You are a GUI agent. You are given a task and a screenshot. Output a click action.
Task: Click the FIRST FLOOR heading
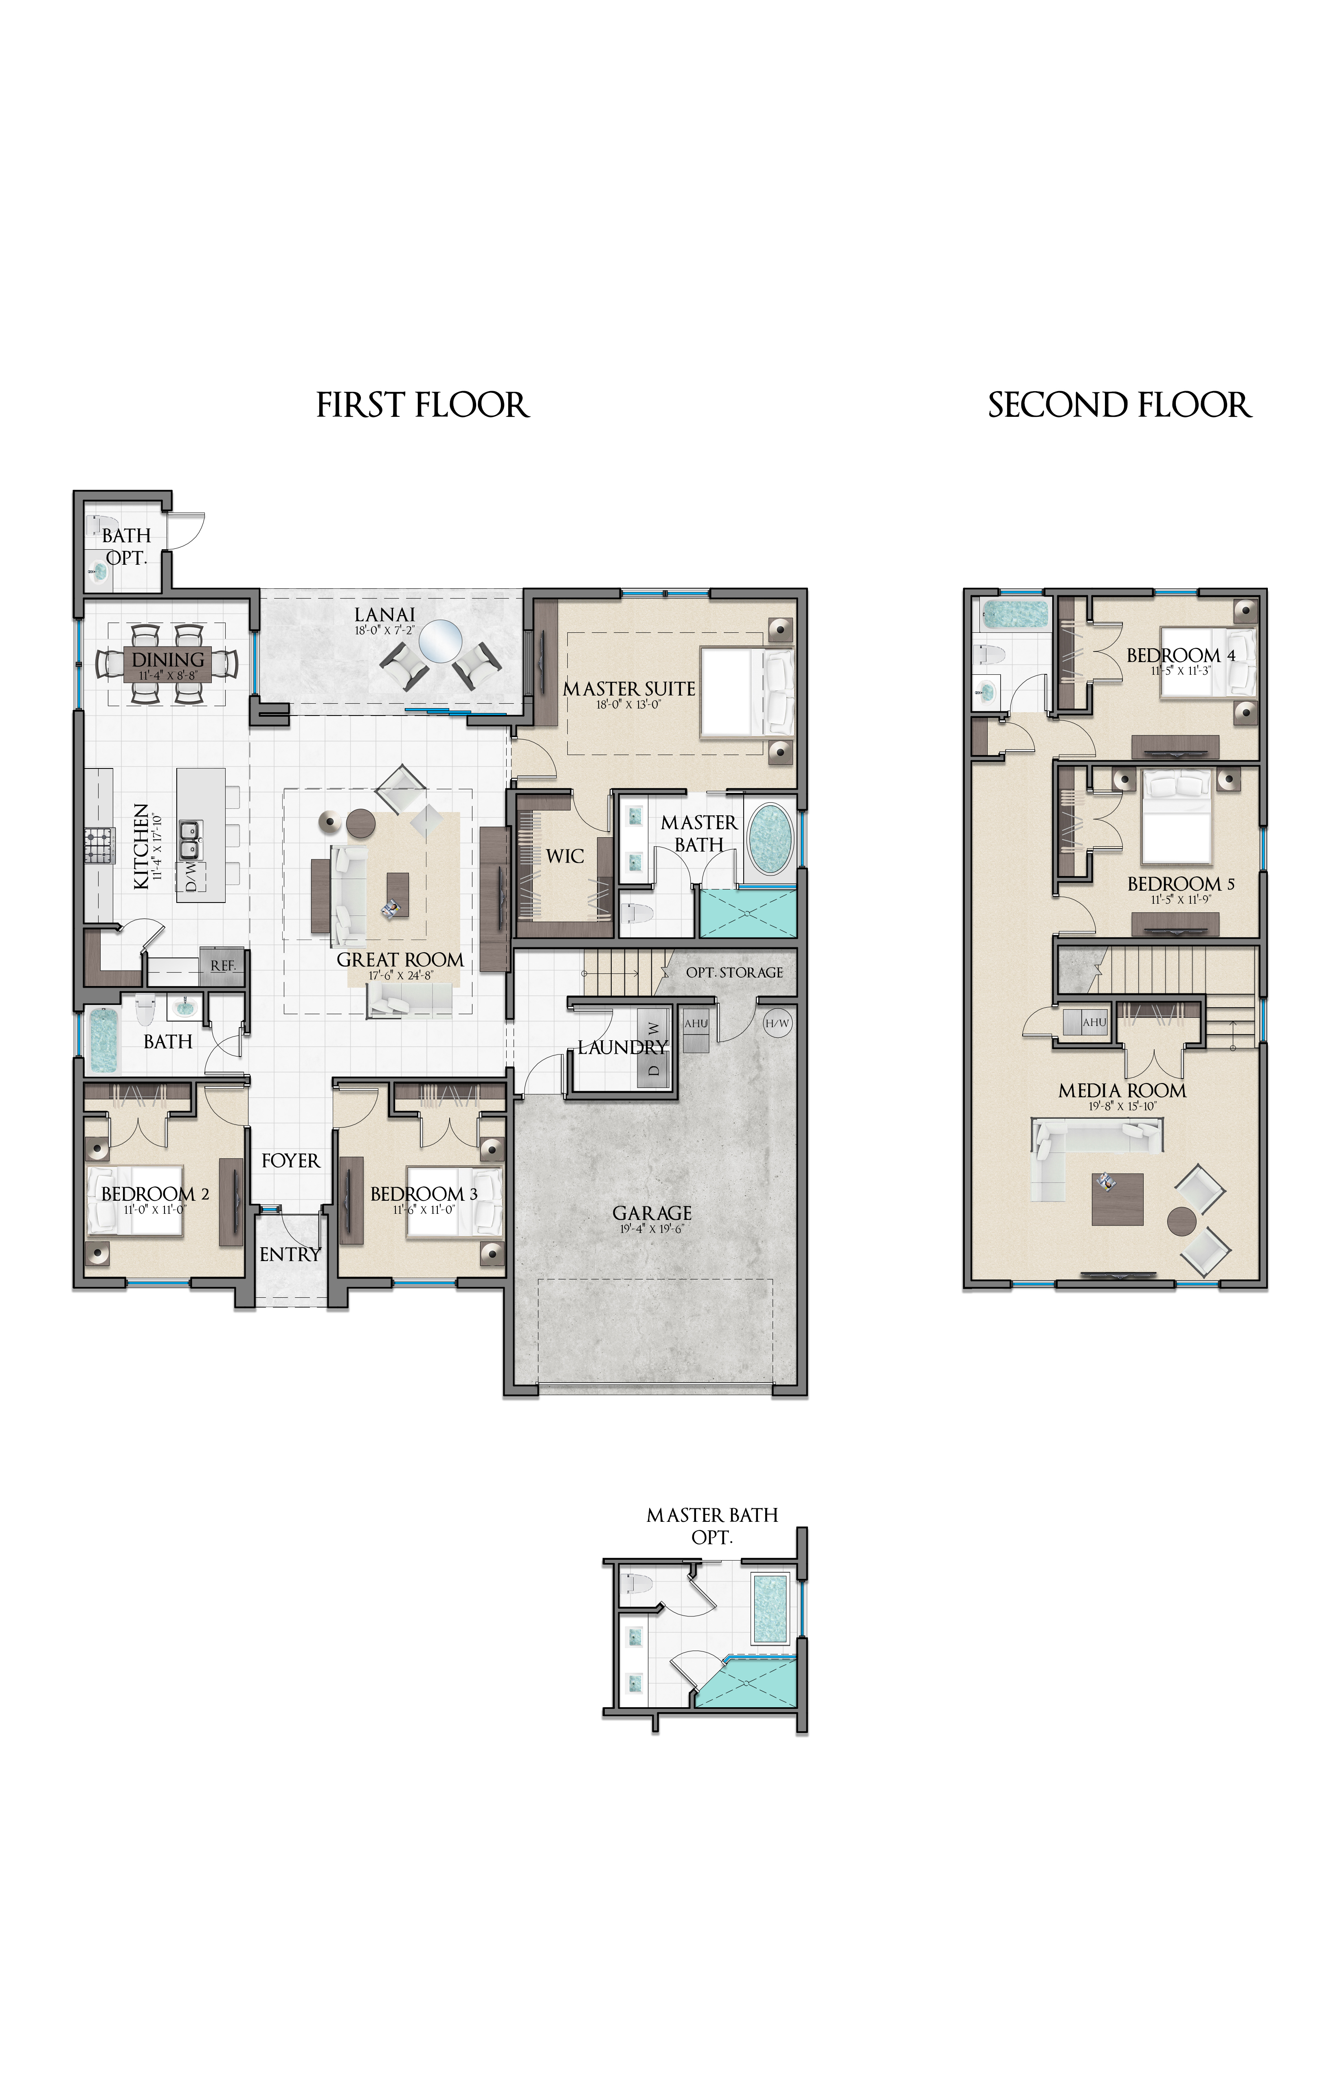tap(422, 405)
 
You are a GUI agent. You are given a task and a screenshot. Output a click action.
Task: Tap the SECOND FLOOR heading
tap(1120, 405)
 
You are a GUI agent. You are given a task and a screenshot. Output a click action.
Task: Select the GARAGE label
tap(652, 1213)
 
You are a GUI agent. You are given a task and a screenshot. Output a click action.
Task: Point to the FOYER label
tap(291, 1161)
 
